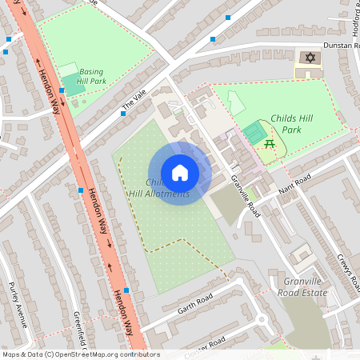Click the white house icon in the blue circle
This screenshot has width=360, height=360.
(180, 172)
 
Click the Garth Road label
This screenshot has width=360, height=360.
(194, 300)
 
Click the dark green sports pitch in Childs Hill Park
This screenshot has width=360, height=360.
(255, 132)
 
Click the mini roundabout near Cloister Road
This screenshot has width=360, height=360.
(261, 321)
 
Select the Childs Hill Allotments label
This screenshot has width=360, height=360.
(158, 188)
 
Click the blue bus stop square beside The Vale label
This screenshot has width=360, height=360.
(122, 114)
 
